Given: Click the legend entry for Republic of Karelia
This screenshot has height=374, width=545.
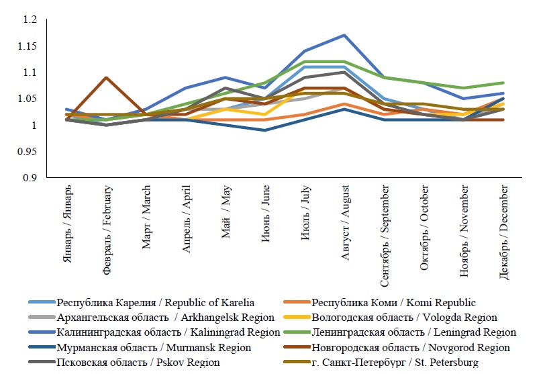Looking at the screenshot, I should coord(156,302).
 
